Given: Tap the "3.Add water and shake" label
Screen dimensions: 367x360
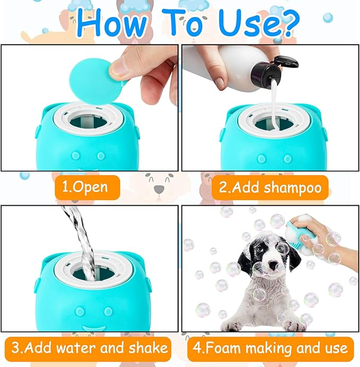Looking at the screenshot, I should click(x=90, y=348).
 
